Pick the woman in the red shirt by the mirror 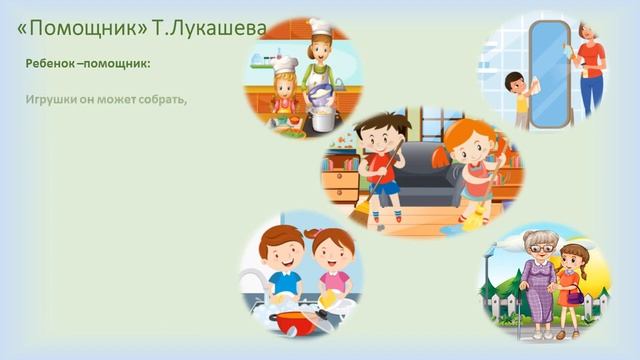tap(590, 70)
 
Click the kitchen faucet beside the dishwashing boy tap(252, 285)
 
